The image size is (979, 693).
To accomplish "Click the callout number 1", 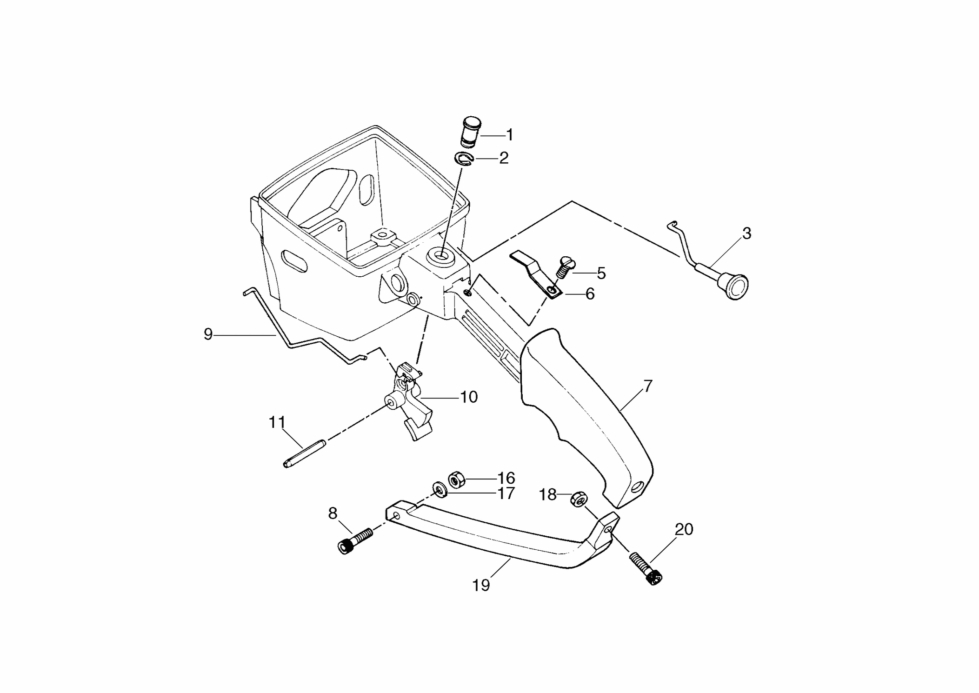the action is (x=510, y=135).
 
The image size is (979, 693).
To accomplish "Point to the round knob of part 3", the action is (x=733, y=285).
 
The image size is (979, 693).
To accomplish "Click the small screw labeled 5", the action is (x=564, y=267).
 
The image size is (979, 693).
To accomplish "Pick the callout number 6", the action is (x=590, y=294).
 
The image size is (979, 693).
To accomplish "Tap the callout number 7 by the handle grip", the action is (x=647, y=386).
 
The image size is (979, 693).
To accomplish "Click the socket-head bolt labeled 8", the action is (x=355, y=541).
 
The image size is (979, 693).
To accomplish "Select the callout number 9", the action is (x=208, y=334).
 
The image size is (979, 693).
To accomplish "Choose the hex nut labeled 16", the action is (x=455, y=479).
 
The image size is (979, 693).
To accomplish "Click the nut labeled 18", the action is (x=578, y=500).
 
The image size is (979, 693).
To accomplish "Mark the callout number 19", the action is (x=481, y=585).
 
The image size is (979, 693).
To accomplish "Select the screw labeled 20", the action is (x=646, y=568).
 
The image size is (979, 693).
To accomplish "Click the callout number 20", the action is (x=684, y=529).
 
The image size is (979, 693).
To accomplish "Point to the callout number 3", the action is (x=746, y=233).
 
